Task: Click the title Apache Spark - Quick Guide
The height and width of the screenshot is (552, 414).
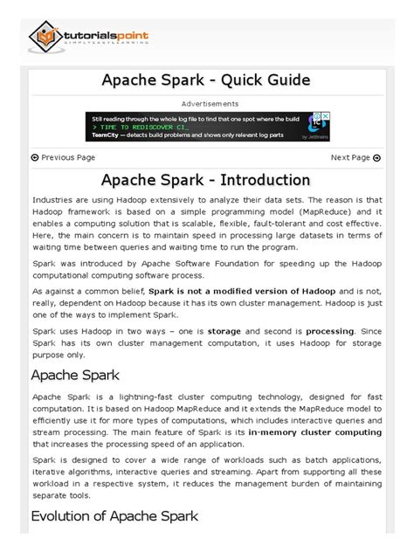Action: click(206, 80)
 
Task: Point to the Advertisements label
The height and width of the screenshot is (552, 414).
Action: click(207, 104)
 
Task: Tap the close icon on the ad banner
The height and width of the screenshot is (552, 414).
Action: click(325, 116)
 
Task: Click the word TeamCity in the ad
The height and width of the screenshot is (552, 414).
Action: click(107, 136)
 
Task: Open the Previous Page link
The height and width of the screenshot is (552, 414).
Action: click(63, 158)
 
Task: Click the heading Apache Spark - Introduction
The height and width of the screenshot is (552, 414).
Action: click(206, 181)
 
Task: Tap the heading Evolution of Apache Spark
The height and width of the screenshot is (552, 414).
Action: click(114, 516)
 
